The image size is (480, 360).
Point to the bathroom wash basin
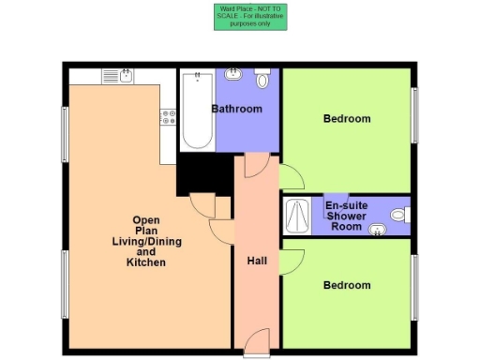coord(233,76)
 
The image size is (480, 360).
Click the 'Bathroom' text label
coord(236,109)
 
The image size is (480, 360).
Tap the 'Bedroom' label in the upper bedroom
coord(347,119)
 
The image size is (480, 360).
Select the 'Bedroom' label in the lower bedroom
coord(347,285)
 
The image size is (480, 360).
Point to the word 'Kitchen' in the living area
coord(145,263)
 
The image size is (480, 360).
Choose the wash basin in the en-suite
coord(379,229)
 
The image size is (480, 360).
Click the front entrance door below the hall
coord(257,341)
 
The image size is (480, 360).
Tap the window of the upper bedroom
coord(413,116)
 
